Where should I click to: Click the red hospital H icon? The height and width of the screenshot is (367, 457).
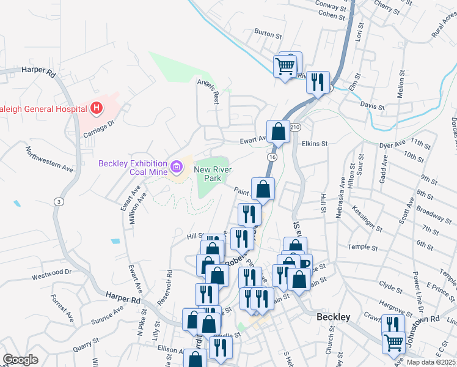click(96, 109)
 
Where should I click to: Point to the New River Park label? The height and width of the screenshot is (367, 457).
click(207, 174)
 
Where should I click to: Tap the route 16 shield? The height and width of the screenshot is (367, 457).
click(272, 157)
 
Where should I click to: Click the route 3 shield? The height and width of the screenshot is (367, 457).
click(58, 201)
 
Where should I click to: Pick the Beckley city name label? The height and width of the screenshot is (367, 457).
click(334, 317)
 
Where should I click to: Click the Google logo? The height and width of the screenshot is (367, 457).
click(20, 359)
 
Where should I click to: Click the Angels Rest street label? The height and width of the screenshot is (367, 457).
click(207, 91)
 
